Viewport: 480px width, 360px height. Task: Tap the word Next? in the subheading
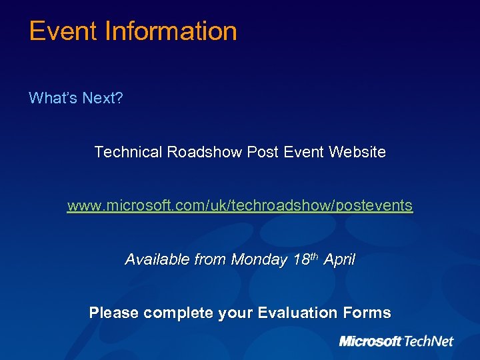click(103, 99)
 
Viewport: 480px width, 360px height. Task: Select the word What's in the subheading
click(53, 99)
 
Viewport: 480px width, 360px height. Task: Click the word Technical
click(128, 152)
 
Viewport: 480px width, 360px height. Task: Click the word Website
click(357, 152)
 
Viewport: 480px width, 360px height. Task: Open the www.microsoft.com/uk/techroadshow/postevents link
click(240, 205)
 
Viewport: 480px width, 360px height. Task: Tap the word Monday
click(259, 259)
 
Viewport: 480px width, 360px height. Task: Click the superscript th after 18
click(313, 256)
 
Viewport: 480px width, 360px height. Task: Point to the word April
click(339, 259)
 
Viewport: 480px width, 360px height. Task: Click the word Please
click(114, 313)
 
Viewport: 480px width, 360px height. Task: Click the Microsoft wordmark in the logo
click(370, 341)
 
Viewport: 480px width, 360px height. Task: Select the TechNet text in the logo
click(428, 341)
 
